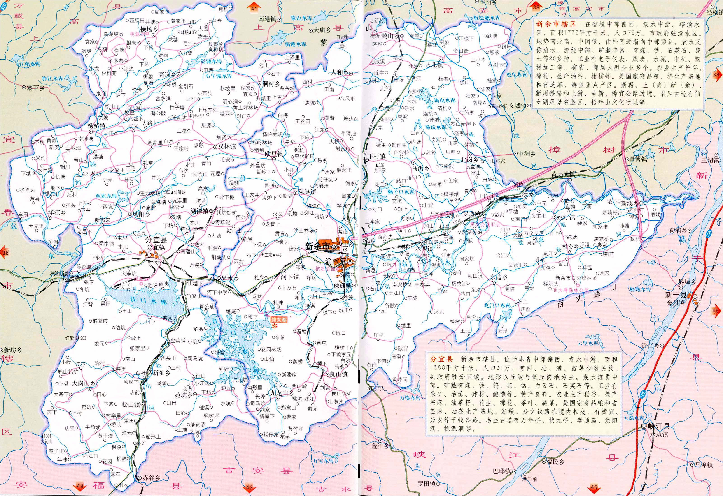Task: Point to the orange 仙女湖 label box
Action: point(278,319)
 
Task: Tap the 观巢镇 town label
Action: point(307,192)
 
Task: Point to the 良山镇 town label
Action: point(338,374)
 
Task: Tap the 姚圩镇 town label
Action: point(566,217)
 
